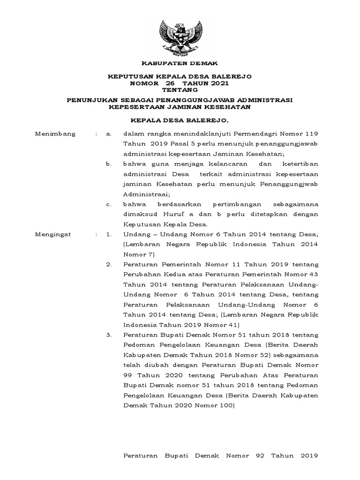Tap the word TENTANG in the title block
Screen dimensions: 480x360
180,90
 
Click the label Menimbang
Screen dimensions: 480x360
55,134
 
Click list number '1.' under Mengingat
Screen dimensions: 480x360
109,234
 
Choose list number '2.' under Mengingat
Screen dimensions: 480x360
109,265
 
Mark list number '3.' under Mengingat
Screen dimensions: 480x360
109,335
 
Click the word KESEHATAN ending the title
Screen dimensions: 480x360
225,107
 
